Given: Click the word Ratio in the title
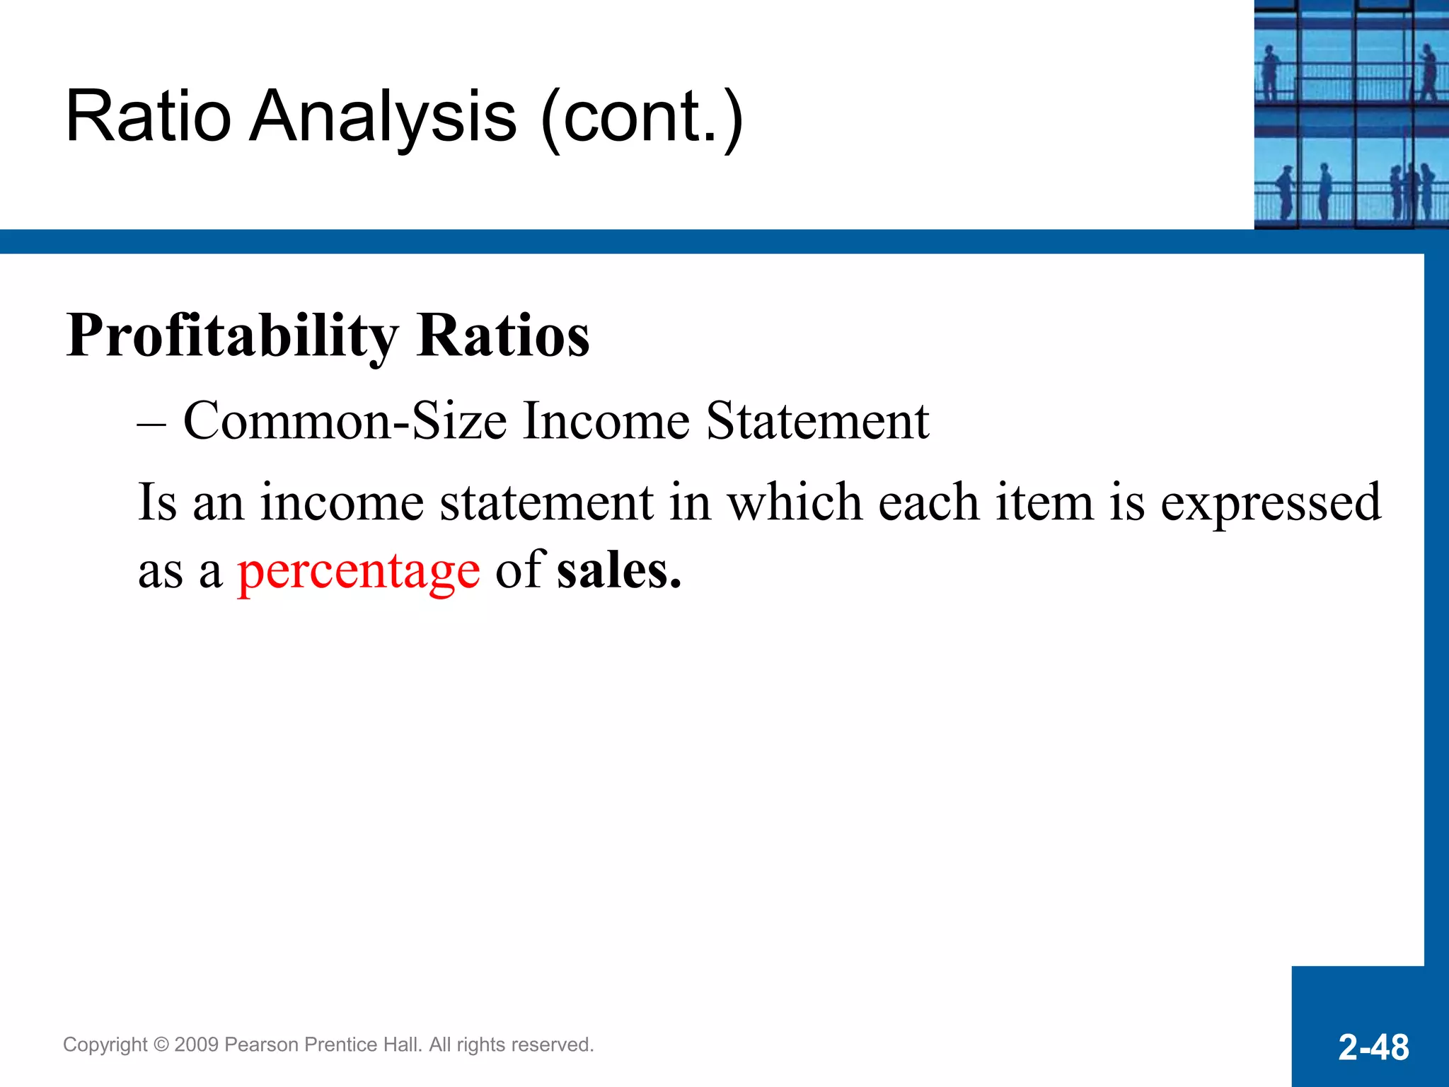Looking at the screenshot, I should pos(148,117).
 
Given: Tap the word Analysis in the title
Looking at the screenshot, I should pos(383,117).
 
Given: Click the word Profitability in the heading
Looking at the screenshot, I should pos(233,336).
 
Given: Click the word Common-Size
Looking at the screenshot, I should pos(345,422).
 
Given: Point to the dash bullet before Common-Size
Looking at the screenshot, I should pos(151,425).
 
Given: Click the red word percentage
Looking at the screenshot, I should pos(358,572).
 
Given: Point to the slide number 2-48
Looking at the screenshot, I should pos(1373,1047).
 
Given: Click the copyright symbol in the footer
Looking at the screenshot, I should pos(161,1045).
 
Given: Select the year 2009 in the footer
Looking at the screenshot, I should pos(196,1045).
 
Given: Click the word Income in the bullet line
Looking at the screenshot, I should pos(606,422).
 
